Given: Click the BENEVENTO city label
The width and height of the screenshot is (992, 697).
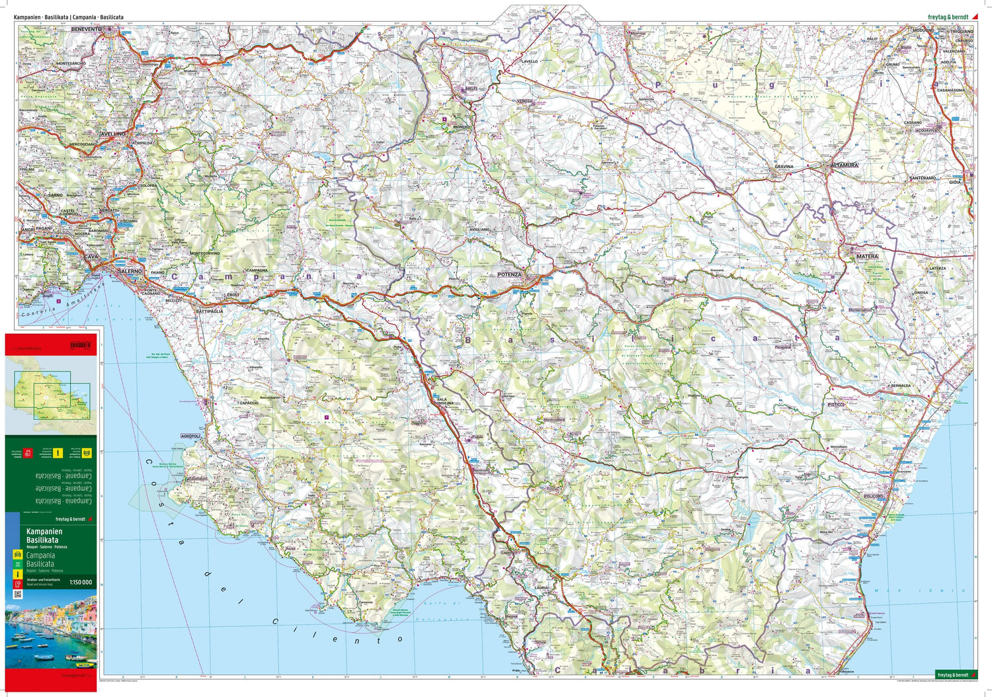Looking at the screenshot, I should [87, 30].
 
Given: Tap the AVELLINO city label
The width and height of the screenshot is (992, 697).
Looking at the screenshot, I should [112, 134].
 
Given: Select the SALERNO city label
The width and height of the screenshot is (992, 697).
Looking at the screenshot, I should [130, 271].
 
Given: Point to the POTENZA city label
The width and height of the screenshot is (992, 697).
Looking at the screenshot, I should [509, 274].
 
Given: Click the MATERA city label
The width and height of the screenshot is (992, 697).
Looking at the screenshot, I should [867, 256].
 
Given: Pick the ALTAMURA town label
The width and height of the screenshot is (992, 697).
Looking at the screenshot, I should [844, 165].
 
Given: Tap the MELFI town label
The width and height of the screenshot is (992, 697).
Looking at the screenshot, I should [471, 89].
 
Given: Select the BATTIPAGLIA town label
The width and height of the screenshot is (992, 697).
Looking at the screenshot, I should [210, 311].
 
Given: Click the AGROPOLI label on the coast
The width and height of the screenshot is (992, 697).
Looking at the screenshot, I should [190, 436].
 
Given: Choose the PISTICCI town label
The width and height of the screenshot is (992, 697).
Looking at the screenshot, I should [836, 405].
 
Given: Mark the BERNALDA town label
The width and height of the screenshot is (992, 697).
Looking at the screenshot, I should [901, 386].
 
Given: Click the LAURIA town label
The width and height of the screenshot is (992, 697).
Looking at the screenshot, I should [542, 587].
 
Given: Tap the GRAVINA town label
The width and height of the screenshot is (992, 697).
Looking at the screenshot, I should [784, 167].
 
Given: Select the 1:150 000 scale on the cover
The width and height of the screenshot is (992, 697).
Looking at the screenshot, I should [81, 583].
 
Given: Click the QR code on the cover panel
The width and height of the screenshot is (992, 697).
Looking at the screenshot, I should [17, 594].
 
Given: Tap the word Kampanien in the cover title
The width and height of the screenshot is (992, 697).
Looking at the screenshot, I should [44, 532].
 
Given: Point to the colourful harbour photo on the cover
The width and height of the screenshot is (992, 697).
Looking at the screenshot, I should [51, 632].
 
